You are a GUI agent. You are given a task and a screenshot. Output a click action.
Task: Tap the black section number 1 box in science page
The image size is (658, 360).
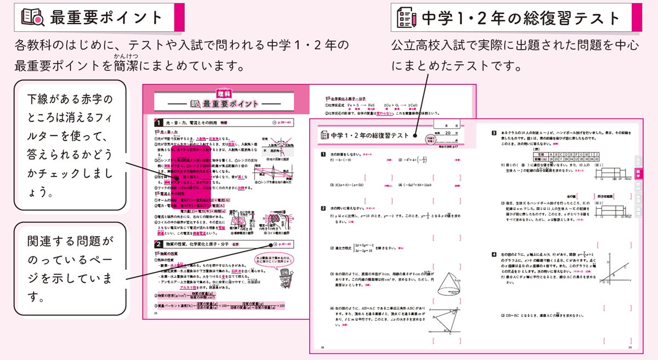click(158, 123)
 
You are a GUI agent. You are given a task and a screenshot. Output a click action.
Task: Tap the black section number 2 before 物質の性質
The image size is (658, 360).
click(158, 244)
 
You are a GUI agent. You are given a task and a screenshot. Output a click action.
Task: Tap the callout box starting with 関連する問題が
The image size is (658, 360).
click(70, 270)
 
